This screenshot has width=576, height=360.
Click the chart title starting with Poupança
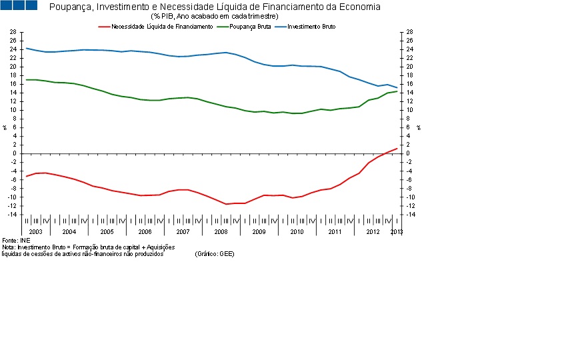tap(215, 7)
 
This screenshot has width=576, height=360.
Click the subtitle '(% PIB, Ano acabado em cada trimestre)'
tap(215, 16)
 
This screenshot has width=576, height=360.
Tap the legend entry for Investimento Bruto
tap(311, 26)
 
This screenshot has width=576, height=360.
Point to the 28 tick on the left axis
tap(13, 32)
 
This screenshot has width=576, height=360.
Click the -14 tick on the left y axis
tap(11, 215)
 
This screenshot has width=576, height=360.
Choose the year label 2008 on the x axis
tap(221, 231)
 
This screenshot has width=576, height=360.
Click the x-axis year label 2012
tap(373, 231)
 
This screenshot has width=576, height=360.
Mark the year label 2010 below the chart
tap(297, 231)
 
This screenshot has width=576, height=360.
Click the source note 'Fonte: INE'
tap(16, 240)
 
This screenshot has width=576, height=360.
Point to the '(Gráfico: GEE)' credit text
tap(215, 254)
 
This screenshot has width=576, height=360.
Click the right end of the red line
tap(397, 149)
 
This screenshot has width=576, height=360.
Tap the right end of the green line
tap(397, 91)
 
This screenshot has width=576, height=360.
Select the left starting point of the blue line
tap(26, 48)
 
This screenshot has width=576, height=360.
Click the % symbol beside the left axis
tap(5, 127)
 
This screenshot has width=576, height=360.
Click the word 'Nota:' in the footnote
tap(9, 247)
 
